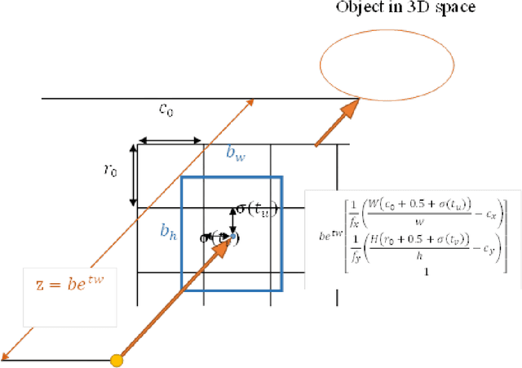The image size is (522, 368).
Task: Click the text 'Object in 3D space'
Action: click(406, 7)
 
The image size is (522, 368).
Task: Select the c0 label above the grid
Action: click(165, 109)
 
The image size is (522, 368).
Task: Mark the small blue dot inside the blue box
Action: click(232, 237)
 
